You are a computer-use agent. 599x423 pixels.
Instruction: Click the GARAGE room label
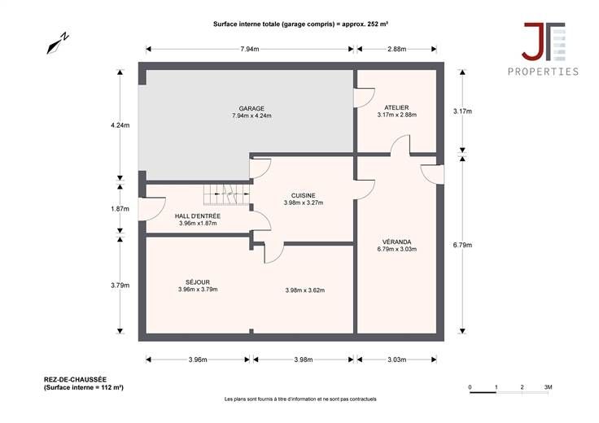point(251,108)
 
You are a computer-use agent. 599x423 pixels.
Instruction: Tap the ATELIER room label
point(396,107)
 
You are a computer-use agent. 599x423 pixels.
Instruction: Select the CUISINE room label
point(304,195)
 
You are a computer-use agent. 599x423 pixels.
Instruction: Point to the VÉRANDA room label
point(397,242)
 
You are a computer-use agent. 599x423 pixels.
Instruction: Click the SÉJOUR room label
point(198,282)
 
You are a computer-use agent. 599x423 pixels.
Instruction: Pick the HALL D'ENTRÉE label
point(198,216)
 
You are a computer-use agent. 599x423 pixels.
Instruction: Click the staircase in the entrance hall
point(226,194)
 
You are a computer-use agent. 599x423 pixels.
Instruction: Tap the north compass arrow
point(57,43)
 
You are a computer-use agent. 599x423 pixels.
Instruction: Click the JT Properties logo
point(543,49)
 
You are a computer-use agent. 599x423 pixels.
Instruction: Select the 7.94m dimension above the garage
point(250,49)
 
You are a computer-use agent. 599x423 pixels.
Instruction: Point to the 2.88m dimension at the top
point(397,49)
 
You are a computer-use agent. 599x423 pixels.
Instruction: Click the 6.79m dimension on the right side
point(462,245)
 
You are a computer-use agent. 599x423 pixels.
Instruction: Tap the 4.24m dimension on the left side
point(120,125)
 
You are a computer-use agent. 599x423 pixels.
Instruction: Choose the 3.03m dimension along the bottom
point(397,360)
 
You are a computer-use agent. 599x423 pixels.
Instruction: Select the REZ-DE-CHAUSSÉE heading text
point(75,379)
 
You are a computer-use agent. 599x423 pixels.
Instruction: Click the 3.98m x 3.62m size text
point(305,290)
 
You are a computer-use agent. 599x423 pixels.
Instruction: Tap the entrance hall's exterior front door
point(151,209)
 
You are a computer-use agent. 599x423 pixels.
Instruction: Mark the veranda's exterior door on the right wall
point(432,174)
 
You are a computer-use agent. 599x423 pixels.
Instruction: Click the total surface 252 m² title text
point(300,24)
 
